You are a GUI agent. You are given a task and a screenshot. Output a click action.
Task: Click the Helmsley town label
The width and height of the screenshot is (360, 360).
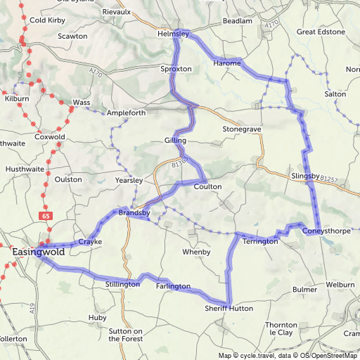(x=174, y=33)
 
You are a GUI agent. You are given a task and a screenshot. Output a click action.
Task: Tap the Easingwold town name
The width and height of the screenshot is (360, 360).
(x=39, y=251)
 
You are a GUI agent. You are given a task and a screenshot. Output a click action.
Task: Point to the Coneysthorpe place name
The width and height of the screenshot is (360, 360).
(x=326, y=231)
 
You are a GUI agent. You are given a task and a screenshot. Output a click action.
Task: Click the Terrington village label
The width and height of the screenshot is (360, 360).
(x=260, y=241)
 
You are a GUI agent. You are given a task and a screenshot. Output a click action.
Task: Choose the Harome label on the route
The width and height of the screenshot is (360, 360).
(x=226, y=63)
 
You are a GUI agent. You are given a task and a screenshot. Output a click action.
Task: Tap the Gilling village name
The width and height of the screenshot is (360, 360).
(x=176, y=141)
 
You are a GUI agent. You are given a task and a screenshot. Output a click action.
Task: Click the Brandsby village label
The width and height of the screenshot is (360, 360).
(x=134, y=212)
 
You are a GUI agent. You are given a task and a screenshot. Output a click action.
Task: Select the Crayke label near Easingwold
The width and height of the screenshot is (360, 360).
(x=90, y=242)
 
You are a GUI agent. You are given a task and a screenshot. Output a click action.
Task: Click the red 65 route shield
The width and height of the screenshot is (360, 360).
(x=46, y=215)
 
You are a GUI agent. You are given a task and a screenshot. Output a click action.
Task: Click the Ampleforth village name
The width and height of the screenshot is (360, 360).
(x=127, y=112)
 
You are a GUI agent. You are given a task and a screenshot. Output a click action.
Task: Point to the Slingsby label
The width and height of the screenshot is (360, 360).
(x=304, y=175)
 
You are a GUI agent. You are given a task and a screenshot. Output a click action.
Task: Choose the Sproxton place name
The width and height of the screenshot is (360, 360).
(x=176, y=70)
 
